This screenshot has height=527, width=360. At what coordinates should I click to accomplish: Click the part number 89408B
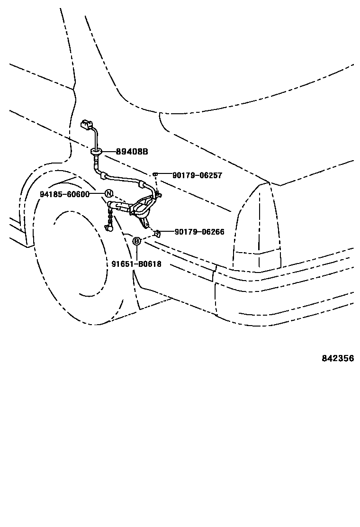132,152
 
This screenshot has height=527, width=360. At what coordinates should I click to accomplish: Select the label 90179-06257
197,175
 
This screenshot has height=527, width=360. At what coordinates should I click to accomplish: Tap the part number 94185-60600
65,194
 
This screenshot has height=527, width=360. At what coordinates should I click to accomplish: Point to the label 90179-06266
199,232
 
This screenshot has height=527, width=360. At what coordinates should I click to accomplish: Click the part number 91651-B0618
136,264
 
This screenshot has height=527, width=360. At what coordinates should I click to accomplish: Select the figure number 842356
338,358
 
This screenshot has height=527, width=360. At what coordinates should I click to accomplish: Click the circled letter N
108,193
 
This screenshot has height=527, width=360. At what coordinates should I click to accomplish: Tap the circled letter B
136,242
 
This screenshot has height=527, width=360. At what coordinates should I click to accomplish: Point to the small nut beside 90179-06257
155,175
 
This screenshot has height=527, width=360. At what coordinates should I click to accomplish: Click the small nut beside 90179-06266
158,232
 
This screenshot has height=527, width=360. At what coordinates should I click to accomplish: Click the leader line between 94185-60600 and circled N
97,194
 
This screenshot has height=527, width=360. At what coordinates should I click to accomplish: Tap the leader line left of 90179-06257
164,175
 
